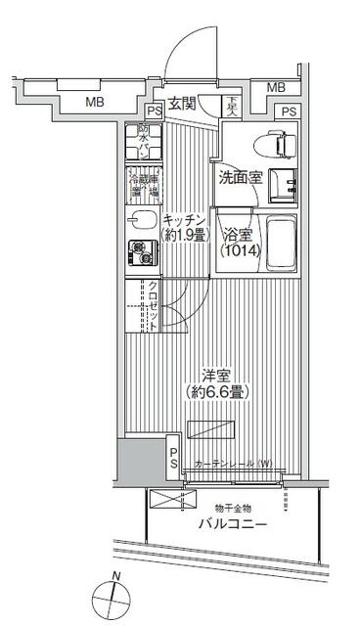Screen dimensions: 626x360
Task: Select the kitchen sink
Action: pos(143,221)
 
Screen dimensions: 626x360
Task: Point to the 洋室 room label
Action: pos(216,375)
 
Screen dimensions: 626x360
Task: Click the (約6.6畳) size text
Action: pos(216,391)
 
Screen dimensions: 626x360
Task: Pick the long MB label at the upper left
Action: pos(94,101)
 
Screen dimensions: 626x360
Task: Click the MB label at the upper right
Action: pos(278,88)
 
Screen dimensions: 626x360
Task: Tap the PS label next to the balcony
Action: pos(173,458)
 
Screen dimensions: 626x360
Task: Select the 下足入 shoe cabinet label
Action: pos(232,104)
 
